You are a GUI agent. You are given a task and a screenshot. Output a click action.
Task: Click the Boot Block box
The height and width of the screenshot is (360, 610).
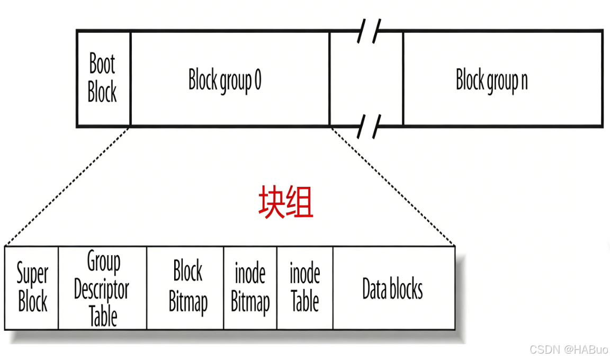point(103,78)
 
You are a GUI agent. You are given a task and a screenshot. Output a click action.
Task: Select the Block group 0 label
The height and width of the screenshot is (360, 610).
point(225,80)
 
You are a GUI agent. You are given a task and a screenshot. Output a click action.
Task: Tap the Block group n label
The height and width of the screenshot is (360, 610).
point(491,80)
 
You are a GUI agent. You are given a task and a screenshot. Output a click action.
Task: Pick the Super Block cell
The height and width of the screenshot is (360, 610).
point(32,288)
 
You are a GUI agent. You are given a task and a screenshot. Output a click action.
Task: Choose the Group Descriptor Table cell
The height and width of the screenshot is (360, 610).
point(102,289)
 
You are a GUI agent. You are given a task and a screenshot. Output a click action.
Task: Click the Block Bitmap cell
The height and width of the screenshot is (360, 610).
point(187,288)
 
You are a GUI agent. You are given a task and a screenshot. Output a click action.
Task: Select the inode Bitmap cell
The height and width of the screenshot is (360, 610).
point(250,289)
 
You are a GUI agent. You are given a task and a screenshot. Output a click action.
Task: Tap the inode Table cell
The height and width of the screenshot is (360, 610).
point(305,289)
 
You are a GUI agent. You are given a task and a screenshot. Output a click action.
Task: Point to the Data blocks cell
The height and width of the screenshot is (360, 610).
point(392,289)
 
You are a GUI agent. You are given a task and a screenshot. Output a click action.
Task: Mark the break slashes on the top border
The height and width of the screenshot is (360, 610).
point(369,31)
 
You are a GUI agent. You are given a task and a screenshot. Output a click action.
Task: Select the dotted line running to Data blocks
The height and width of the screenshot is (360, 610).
point(392,186)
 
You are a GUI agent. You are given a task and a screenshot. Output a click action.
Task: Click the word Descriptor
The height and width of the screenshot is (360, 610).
point(102,290)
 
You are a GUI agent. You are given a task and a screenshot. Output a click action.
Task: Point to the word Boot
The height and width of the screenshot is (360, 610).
point(102,65)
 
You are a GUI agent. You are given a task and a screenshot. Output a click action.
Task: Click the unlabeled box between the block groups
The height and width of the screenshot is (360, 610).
point(366,78)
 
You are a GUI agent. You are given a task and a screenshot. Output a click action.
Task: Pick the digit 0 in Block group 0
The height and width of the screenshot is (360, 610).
point(257,80)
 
